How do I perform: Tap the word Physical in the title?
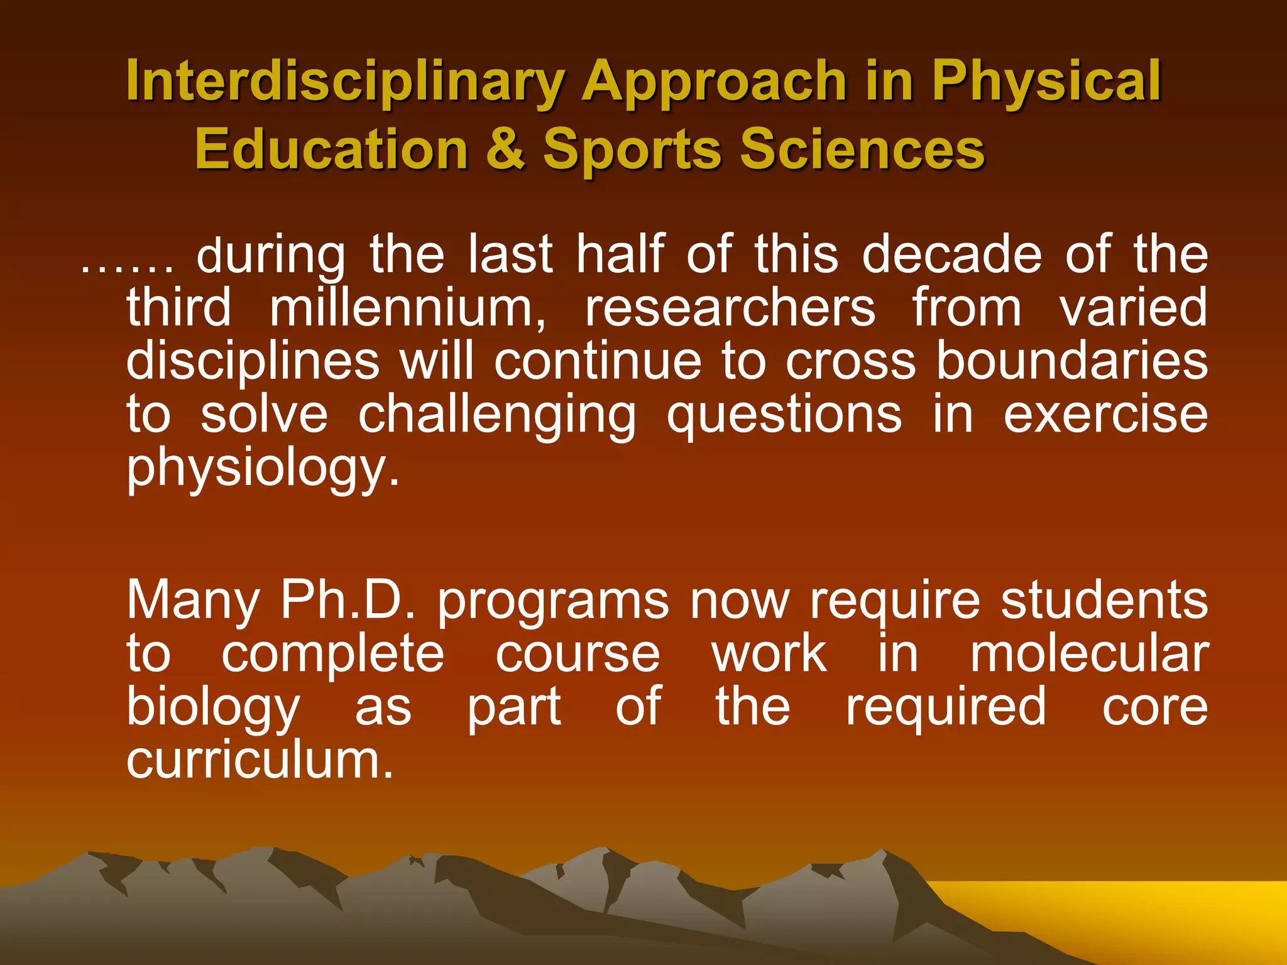tap(1046, 82)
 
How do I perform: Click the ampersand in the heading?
tap(506, 150)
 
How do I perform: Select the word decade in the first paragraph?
tap(951, 254)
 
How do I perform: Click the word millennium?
tap(408, 308)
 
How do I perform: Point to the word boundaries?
tap(1071, 361)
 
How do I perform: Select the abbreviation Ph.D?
tap(348, 600)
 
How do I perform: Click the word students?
tap(1104, 600)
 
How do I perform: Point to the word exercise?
tap(1105, 415)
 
